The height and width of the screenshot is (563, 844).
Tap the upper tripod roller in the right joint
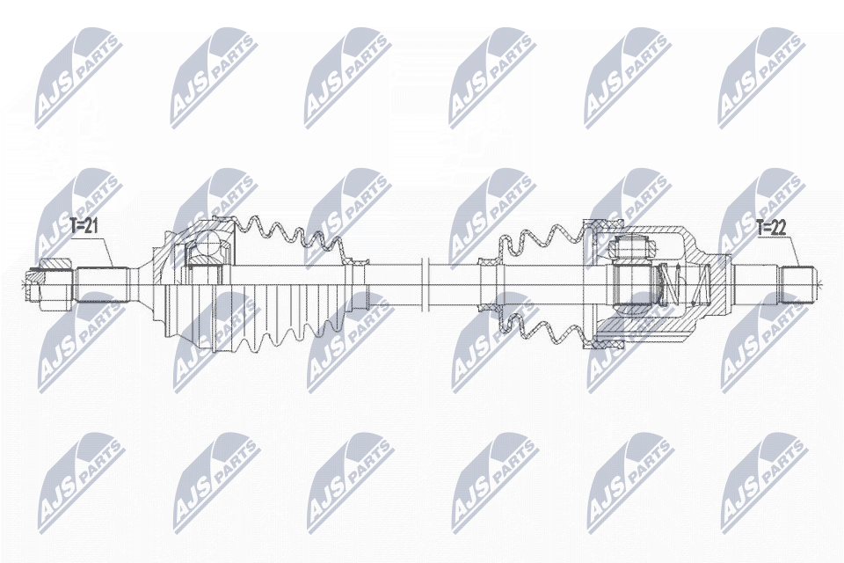coord(633,250)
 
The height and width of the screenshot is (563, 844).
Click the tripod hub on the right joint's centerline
coord(632,283)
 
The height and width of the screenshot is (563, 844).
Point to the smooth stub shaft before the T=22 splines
coord(756,283)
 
